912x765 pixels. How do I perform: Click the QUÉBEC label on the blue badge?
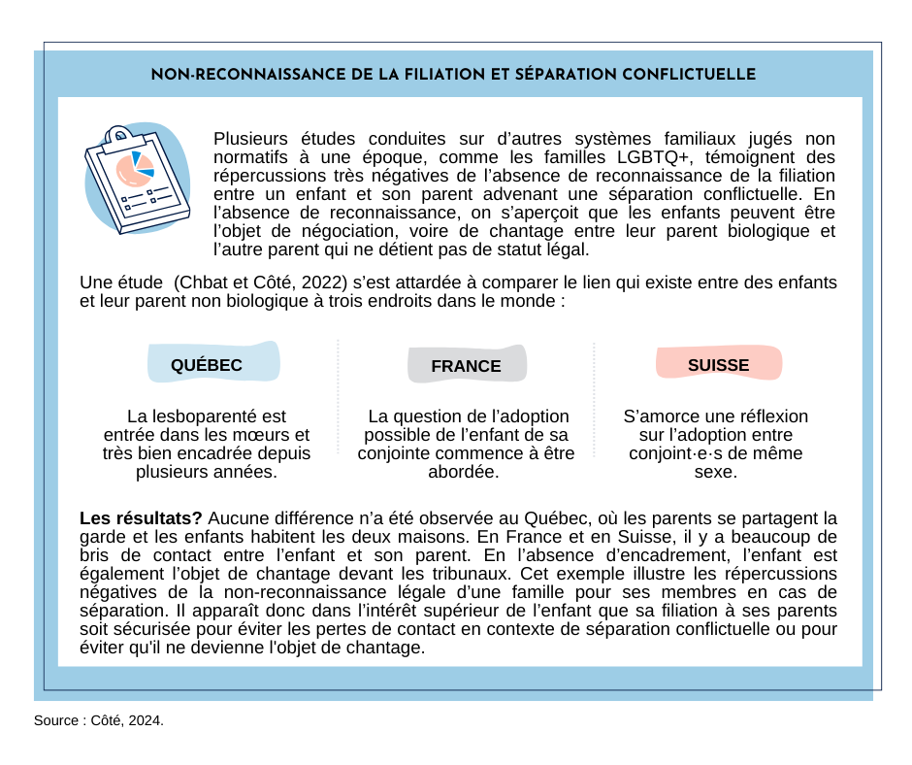click(206, 365)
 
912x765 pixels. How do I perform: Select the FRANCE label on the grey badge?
click(466, 366)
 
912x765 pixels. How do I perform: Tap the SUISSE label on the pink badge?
click(718, 365)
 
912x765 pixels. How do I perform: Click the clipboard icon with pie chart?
click(136, 180)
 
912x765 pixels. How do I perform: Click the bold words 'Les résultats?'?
click(141, 517)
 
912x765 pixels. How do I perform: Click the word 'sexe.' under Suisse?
click(715, 472)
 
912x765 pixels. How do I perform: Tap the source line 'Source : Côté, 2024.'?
click(99, 720)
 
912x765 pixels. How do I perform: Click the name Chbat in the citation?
click(204, 283)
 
